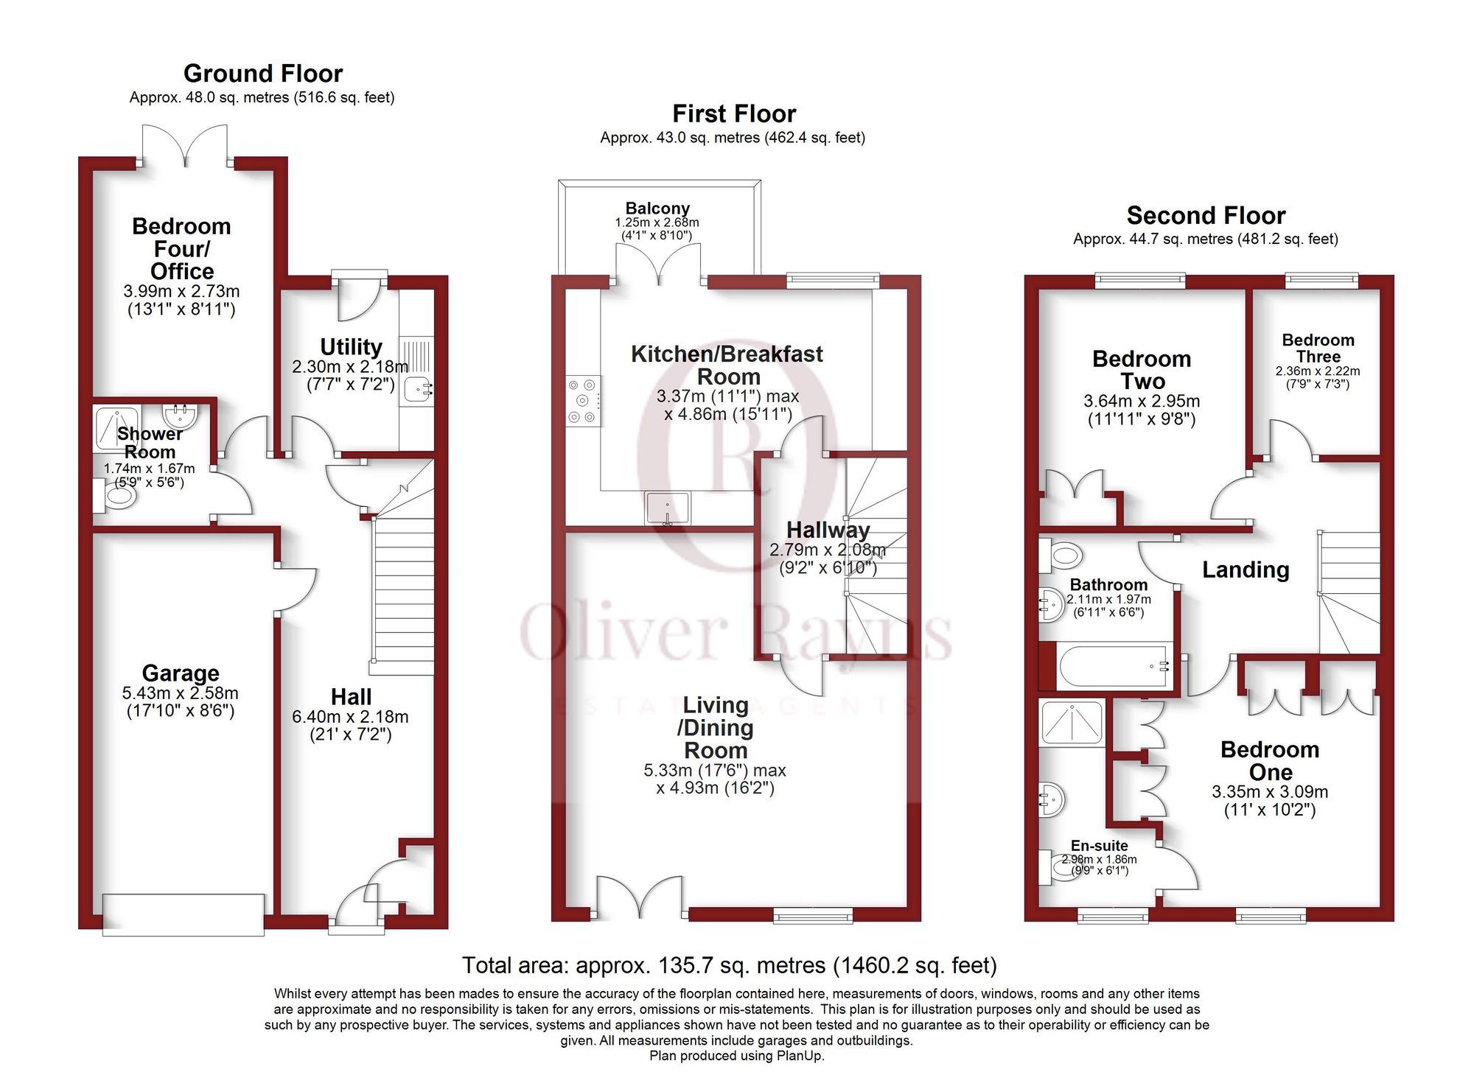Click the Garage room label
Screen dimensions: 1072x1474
(181, 673)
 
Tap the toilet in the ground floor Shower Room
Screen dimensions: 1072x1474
(116, 496)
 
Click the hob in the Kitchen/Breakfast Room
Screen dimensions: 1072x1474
(583, 401)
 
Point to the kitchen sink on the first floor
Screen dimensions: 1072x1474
(668, 508)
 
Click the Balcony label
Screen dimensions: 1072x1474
(657, 209)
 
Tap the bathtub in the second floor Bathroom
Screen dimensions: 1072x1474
(1112, 668)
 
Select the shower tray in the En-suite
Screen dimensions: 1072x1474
(1072, 722)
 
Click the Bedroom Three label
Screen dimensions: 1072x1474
(1318, 348)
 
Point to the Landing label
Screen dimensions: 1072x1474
(1246, 570)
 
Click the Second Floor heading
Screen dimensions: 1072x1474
(1206, 215)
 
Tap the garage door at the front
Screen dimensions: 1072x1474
(184, 914)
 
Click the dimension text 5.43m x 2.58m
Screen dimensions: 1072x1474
(181, 693)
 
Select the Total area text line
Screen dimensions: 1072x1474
(729, 964)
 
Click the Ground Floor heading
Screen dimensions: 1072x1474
(263, 74)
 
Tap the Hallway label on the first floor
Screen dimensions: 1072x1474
(828, 530)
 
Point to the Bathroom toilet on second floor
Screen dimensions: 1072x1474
(1061, 555)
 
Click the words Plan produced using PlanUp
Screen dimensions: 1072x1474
(736, 1056)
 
